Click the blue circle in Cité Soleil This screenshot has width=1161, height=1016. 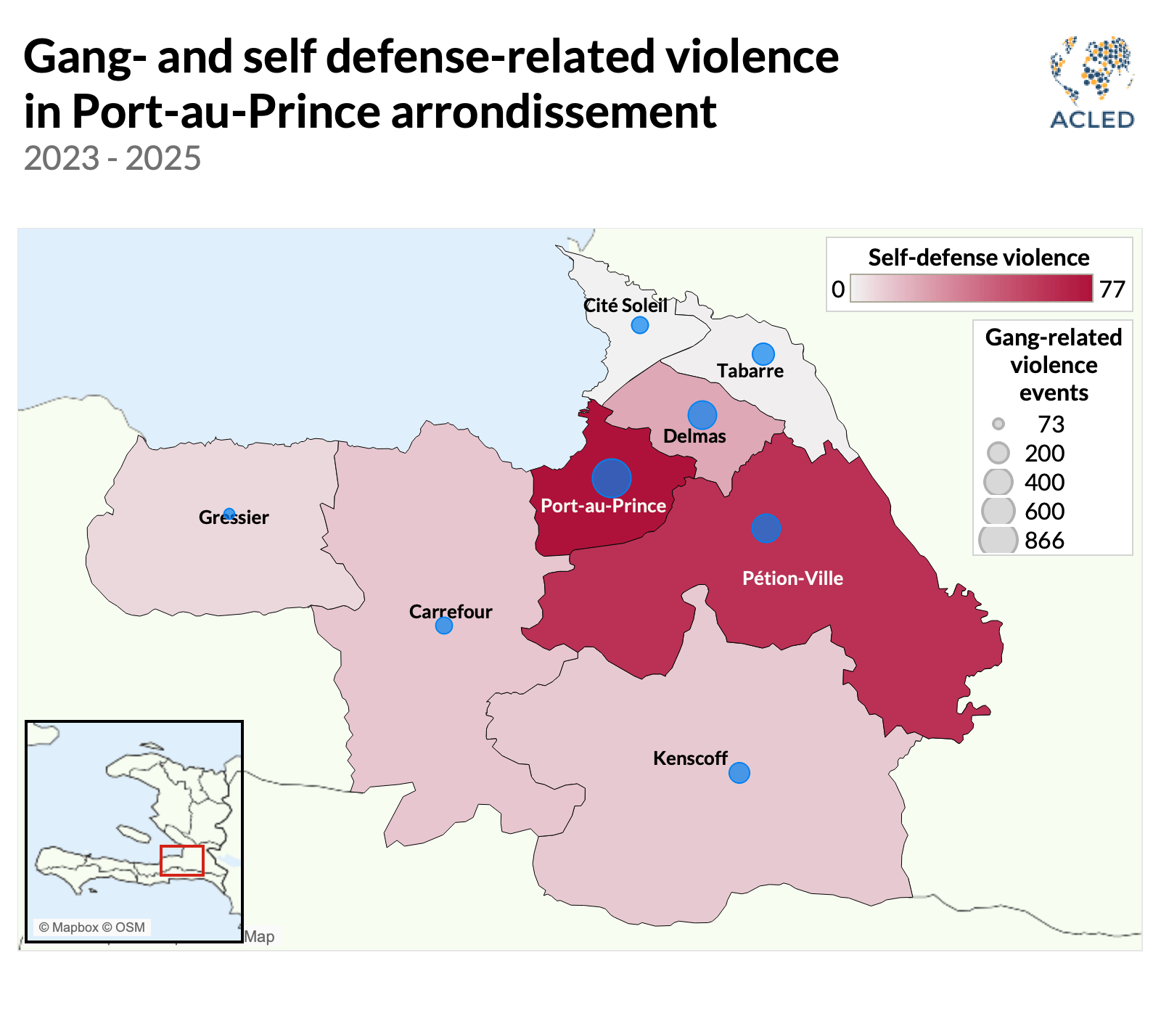pyautogui.click(x=639, y=325)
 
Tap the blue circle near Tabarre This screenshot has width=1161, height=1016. pyautogui.click(x=763, y=354)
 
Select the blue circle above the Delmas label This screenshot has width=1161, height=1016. pyautogui.click(x=702, y=415)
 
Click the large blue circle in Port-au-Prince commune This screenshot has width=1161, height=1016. pyautogui.click(x=611, y=478)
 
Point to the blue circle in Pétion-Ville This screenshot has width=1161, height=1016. pyautogui.click(x=766, y=528)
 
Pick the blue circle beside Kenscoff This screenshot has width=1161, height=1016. pyautogui.click(x=739, y=773)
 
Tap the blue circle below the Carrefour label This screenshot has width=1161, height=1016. pyautogui.click(x=443, y=626)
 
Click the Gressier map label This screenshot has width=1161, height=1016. pyautogui.click(x=234, y=517)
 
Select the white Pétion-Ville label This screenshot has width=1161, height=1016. pyautogui.click(x=792, y=578)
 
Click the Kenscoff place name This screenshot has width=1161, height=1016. pyautogui.click(x=689, y=758)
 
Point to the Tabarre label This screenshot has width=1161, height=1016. pyautogui.click(x=750, y=371)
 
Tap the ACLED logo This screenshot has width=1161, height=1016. pyautogui.click(x=1092, y=83)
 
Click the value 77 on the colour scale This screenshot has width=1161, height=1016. pyautogui.click(x=1112, y=290)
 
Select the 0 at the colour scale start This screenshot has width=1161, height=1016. pyautogui.click(x=838, y=290)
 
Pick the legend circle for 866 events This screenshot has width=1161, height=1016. pyautogui.click(x=998, y=540)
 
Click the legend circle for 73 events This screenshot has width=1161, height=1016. pyautogui.click(x=998, y=424)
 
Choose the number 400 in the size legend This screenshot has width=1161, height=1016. pyautogui.click(x=1044, y=482)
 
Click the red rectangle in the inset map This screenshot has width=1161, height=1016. pyautogui.click(x=181, y=861)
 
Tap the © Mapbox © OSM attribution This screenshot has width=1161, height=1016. pyautogui.click(x=92, y=927)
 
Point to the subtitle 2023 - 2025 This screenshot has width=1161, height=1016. pyautogui.click(x=112, y=158)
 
